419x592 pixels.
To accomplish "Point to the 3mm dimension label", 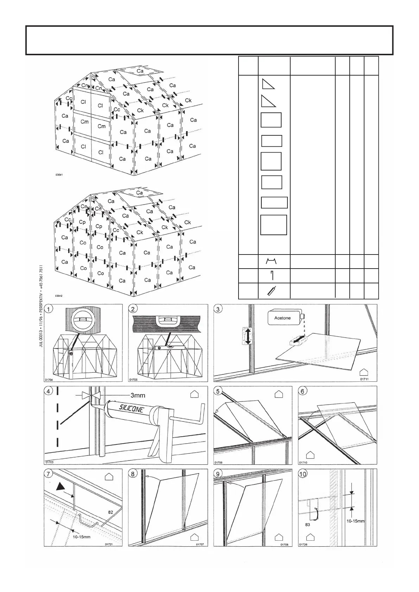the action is pyautogui.click(x=138, y=395).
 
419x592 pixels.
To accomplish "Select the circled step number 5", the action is pyautogui.click(x=218, y=391).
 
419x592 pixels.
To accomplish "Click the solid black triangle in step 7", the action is pyautogui.click(x=59, y=486).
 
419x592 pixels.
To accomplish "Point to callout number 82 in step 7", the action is pyautogui.click(x=110, y=512).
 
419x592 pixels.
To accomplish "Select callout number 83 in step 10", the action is pyautogui.click(x=307, y=524).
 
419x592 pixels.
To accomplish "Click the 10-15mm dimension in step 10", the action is pyautogui.click(x=355, y=521).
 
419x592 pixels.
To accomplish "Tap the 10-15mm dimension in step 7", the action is pyautogui.click(x=82, y=537).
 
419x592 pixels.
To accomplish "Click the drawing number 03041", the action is pyautogui.click(x=59, y=175).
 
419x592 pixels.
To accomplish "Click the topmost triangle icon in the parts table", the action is pyautogui.click(x=268, y=84).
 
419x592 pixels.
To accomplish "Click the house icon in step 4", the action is pyautogui.click(x=194, y=394).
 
